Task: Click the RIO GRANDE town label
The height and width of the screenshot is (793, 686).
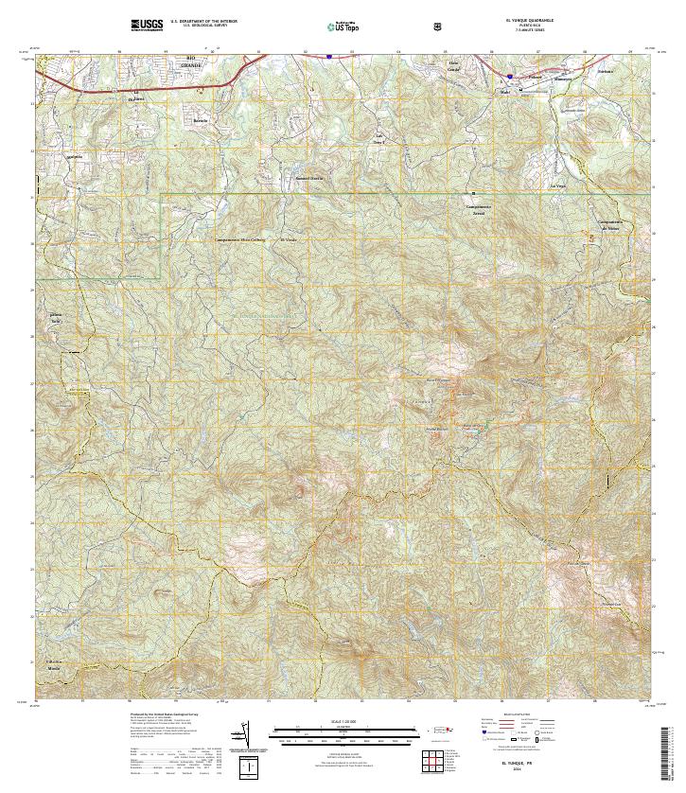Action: coord(196,62)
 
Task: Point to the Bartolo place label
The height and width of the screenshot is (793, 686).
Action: coord(200,121)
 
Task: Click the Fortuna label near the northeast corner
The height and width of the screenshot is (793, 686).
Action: coord(606,71)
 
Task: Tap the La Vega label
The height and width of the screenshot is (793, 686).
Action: coord(558,184)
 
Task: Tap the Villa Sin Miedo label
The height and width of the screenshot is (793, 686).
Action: coord(54,662)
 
